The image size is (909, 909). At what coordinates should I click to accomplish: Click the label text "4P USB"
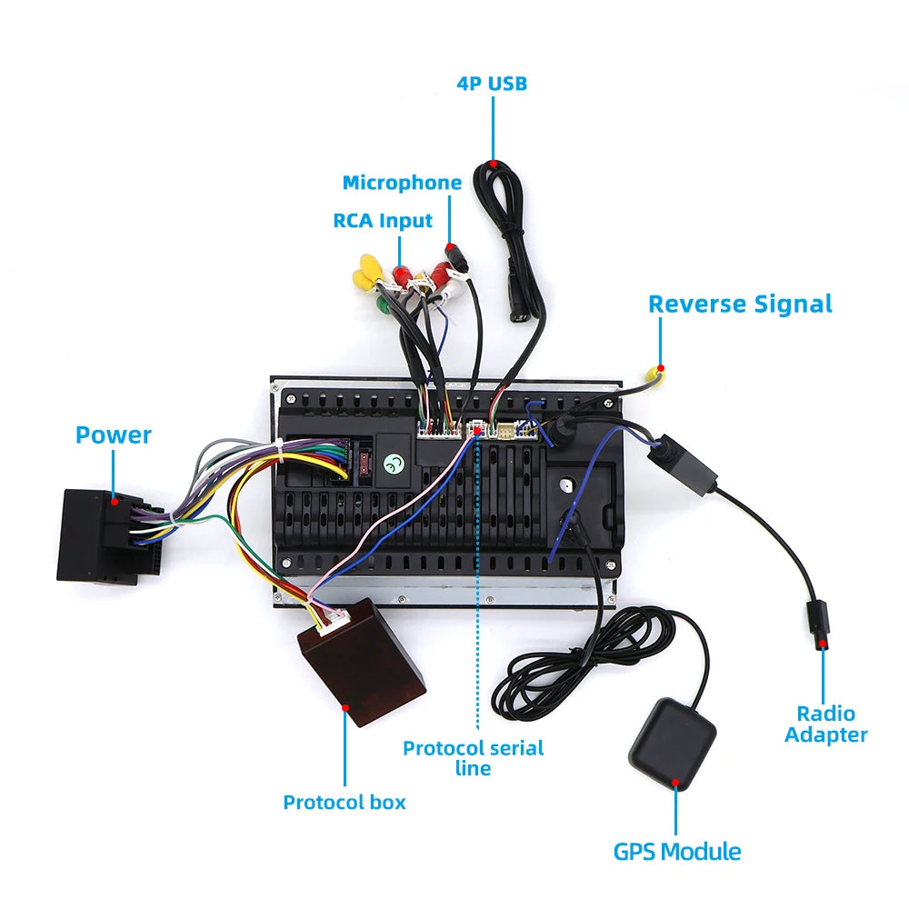pos(492,84)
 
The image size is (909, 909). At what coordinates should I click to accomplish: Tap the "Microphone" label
pos(402,183)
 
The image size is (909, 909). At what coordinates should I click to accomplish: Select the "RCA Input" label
pos(383,221)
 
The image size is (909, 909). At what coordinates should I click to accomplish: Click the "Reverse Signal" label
pos(740,305)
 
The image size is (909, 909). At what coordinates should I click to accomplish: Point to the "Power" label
pos(114,435)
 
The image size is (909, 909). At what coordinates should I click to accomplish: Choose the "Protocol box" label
pos(345,803)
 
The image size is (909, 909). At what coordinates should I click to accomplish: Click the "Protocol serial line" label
pos(473,758)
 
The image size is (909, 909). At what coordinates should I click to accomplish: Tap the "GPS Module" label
pos(677,852)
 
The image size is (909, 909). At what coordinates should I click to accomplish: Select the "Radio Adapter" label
pos(826,724)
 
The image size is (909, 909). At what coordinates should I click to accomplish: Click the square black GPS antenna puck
pos(673,744)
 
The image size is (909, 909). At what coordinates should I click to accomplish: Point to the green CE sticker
pos(394,464)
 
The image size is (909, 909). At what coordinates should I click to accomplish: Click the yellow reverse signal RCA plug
pos(654,375)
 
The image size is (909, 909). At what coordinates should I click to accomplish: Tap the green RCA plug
pos(384,304)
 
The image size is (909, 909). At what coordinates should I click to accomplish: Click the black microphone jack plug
pos(458,258)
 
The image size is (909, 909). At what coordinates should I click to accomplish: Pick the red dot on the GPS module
pos(675,783)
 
